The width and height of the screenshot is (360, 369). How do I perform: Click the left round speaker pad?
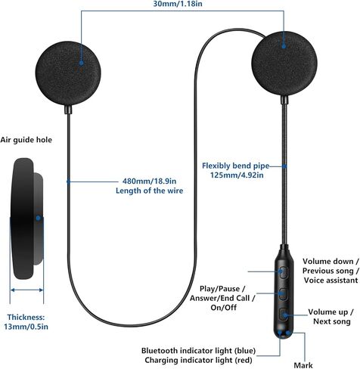tap(68, 73)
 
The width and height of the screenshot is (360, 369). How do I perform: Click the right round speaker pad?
tap(284, 64)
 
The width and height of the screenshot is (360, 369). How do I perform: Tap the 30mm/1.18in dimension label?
tap(178, 4)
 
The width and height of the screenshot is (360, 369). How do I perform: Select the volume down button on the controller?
tap(284, 272)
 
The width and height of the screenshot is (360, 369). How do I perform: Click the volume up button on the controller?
tap(284, 315)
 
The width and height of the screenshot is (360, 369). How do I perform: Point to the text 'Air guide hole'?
tap(26, 140)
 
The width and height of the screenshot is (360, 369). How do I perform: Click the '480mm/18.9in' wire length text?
tap(150, 181)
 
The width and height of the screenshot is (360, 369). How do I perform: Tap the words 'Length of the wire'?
tap(150, 191)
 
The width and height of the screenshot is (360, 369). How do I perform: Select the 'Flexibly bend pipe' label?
tap(235, 166)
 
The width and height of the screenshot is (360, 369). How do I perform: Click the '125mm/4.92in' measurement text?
tap(237, 175)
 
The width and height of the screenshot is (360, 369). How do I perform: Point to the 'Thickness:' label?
tap(26, 317)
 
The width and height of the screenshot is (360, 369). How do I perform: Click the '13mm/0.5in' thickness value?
tap(26, 327)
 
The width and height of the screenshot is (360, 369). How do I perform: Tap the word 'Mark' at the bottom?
tap(303, 365)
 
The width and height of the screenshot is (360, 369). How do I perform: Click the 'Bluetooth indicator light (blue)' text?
tap(198, 351)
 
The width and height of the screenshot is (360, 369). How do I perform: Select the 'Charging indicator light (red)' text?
tap(198, 360)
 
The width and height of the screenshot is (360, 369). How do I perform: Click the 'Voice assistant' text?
tap(331, 280)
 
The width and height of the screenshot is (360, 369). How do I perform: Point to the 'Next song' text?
tap(332, 321)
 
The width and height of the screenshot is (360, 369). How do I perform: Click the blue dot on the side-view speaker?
tap(38, 218)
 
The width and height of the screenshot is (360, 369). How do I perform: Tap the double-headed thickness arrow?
tap(26, 290)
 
